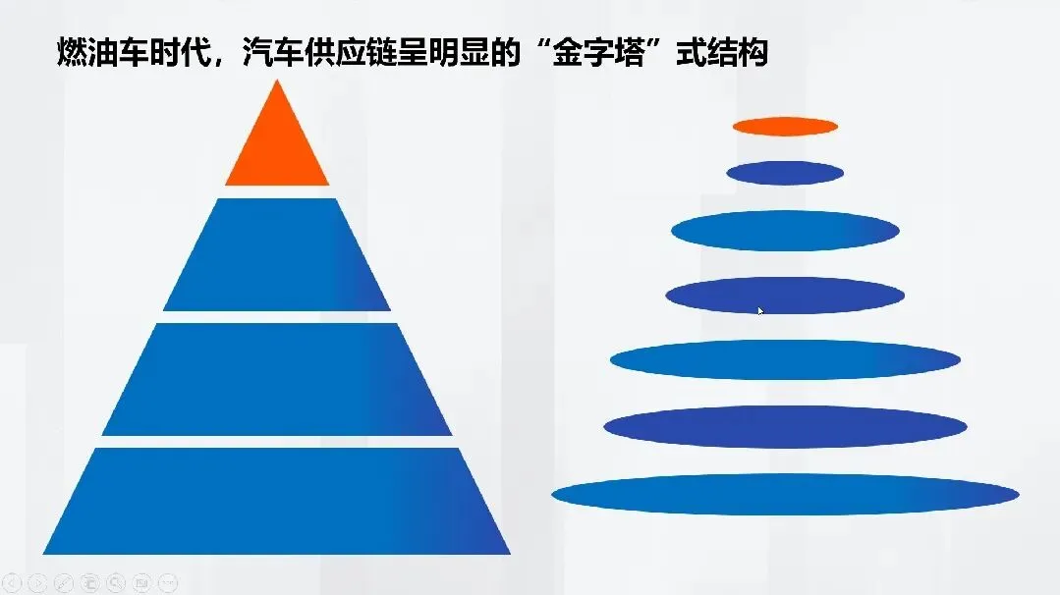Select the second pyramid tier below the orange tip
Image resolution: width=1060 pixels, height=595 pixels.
[x=277, y=255]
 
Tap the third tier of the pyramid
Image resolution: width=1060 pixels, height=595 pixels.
[x=277, y=379]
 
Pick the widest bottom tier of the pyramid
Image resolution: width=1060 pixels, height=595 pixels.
[x=277, y=501]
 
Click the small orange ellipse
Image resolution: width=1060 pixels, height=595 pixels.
[x=785, y=126]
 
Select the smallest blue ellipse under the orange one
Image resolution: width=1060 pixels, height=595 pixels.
[x=785, y=173]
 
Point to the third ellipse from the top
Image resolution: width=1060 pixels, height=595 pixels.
[x=785, y=231]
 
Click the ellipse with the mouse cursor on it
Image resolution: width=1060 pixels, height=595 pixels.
[x=785, y=295]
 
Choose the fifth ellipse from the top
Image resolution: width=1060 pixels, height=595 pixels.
[x=785, y=359]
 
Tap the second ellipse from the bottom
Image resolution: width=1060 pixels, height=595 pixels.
[x=785, y=426]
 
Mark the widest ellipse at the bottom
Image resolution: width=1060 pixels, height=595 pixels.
[x=785, y=494]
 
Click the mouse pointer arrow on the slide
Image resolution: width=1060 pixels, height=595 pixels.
[x=760, y=310]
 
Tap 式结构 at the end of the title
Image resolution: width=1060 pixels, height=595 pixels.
[x=722, y=51]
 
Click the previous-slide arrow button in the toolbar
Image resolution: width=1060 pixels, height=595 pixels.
[x=13, y=582]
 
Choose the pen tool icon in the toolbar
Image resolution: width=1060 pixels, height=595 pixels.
[x=64, y=582]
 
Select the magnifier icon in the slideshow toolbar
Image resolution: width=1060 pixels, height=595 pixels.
[x=116, y=582]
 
